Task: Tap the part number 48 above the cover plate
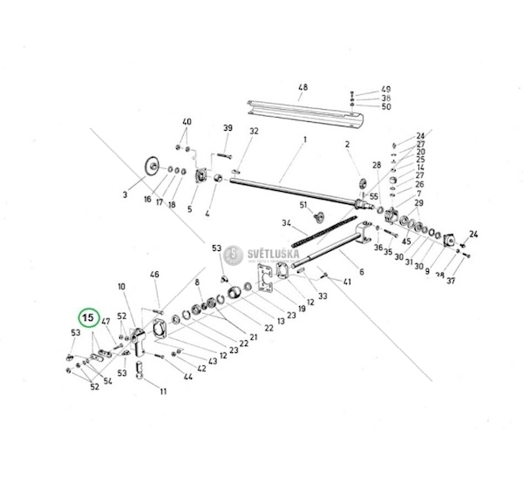coord(303,88)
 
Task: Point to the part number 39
coord(228,128)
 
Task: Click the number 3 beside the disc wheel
coord(125,195)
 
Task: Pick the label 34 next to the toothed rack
coord(286,223)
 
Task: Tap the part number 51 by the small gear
coord(304,205)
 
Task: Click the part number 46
coord(155,275)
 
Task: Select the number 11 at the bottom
coord(162,391)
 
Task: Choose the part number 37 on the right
coord(451,282)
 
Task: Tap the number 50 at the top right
coord(386,106)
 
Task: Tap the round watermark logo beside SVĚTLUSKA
coord(232,255)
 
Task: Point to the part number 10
coord(121,286)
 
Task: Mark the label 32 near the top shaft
coord(255,131)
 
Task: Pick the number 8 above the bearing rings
coord(198,282)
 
